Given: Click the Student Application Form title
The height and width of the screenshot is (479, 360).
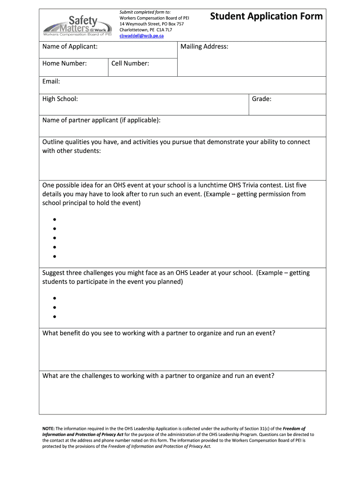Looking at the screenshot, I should [266, 17].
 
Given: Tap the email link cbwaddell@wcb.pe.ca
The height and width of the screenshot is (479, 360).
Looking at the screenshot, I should [142, 36].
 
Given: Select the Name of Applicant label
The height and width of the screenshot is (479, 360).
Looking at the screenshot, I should [70, 46].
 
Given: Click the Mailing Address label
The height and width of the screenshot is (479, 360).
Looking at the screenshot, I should [204, 46].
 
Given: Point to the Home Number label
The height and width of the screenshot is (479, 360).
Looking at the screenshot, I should [65, 63].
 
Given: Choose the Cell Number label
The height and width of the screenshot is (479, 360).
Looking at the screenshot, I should [130, 63].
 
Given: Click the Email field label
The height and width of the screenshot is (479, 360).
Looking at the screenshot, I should [51, 81].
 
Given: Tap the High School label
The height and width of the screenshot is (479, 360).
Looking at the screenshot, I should [60, 99].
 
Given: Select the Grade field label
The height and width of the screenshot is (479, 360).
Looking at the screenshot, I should [261, 99].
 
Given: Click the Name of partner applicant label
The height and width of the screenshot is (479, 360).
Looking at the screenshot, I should [101, 120].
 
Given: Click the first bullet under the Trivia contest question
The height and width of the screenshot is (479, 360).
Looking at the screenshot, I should [55, 219].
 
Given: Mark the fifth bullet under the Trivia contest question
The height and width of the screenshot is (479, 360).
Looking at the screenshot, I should [55, 256].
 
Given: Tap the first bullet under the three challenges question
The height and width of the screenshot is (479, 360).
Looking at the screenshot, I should [55, 298].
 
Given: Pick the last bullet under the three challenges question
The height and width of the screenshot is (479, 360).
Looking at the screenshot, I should [55, 317].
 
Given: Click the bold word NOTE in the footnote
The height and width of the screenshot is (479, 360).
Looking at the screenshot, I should [48, 428].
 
